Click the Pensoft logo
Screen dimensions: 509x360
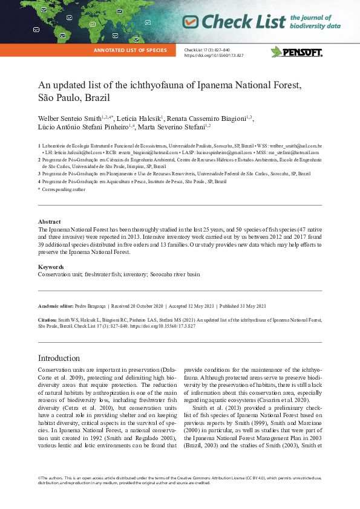(x=296, y=52)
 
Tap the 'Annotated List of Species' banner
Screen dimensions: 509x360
(x=130, y=50)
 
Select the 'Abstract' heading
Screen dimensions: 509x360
(x=49, y=222)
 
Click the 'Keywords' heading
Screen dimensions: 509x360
(x=51, y=267)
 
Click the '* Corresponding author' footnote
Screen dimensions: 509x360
(x=62, y=189)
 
